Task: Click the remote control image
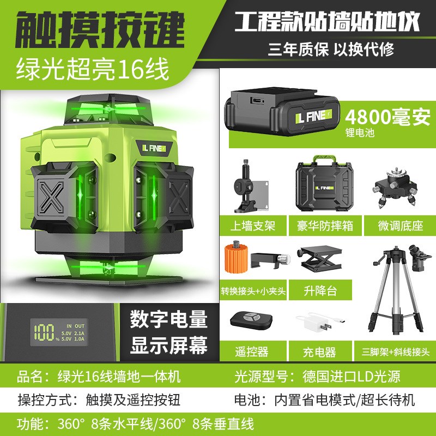pyautogui.click(x=252, y=320)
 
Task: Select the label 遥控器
pyautogui.click(x=251, y=352)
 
